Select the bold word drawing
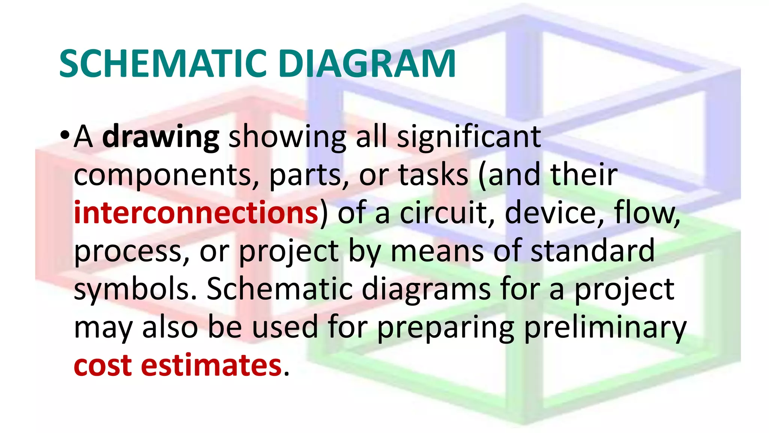coord(161,137)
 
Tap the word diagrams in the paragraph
coord(426,290)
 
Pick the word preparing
coord(445,328)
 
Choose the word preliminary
coord(605,328)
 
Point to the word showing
coord(287,137)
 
